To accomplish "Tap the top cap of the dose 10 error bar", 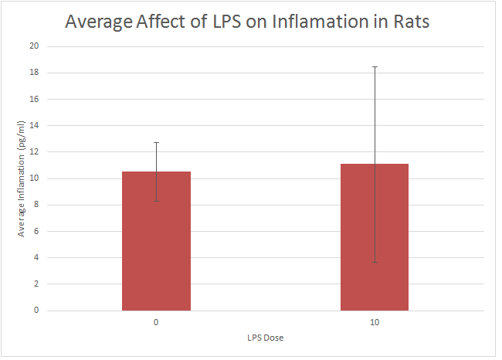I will [375, 67].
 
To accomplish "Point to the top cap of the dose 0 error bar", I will [156, 143].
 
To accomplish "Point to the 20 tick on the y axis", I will [34, 46].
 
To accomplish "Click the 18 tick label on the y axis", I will [34, 73].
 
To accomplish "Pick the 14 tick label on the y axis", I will [34, 125].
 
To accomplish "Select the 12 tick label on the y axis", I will [34, 152].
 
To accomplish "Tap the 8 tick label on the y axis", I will [36, 205].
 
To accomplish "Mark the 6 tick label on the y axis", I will [36, 231].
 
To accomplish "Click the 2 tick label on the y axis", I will [36, 284].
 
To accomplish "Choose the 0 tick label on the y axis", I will [36, 311].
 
